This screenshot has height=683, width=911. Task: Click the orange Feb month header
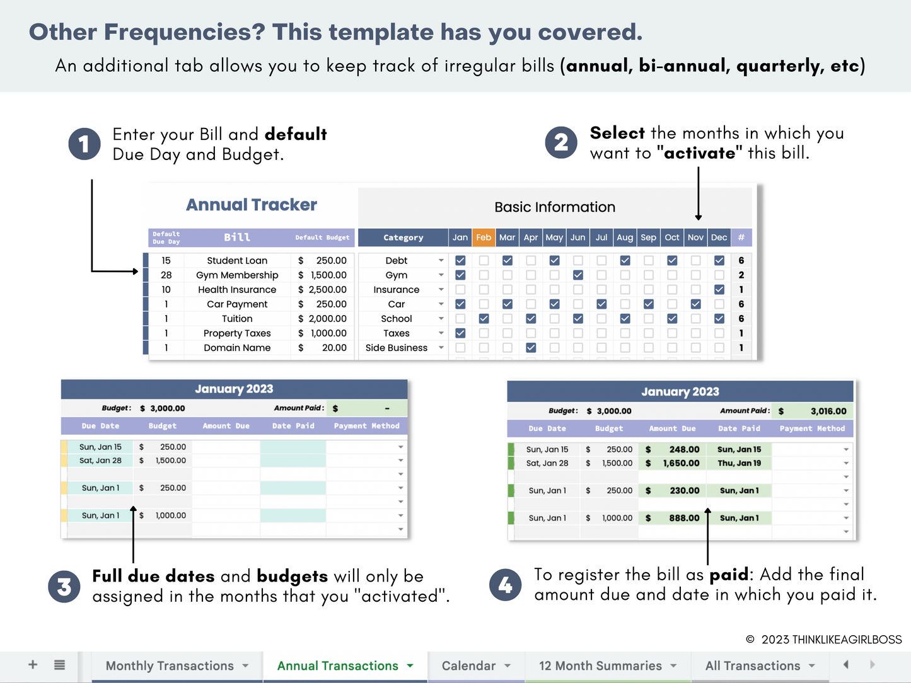pyautogui.click(x=484, y=238)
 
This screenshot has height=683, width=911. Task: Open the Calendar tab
pyautogui.click(x=468, y=666)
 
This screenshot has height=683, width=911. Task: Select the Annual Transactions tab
pyautogui.click(x=337, y=666)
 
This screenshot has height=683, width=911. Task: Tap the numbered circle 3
pyautogui.click(x=64, y=587)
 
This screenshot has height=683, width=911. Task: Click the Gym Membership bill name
pyautogui.click(x=237, y=275)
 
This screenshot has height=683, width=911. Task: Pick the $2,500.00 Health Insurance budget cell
pyautogui.click(x=323, y=290)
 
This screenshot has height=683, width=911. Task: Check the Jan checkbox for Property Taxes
pyautogui.click(x=460, y=333)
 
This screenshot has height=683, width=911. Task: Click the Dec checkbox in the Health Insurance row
pyautogui.click(x=719, y=290)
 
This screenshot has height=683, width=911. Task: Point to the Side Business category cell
pyautogui.click(x=397, y=348)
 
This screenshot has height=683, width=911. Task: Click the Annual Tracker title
pyautogui.click(x=251, y=205)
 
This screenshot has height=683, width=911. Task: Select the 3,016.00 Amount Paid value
pyautogui.click(x=828, y=411)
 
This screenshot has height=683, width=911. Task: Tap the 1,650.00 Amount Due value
pyautogui.click(x=681, y=463)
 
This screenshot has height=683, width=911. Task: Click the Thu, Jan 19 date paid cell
pyautogui.click(x=739, y=463)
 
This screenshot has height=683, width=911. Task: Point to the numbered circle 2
pyautogui.click(x=561, y=142)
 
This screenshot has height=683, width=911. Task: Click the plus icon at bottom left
pyautogui.click(x=33, y=665)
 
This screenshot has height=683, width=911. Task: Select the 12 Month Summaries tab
pyautogui.click(x=600, y=666)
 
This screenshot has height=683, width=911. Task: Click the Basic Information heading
pyautogui.click(x=555, y=207)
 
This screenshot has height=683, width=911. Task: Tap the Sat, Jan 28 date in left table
pyautogui.click(x=100, y=461)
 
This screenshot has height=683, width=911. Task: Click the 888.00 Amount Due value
pyautogui.click(x=684, y=518)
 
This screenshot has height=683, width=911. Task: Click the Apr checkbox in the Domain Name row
pyautogui.click(x=531, y=348)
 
